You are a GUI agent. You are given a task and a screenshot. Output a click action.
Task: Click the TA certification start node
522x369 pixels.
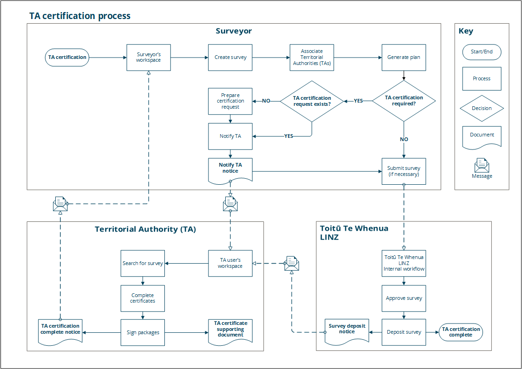coord(67,58)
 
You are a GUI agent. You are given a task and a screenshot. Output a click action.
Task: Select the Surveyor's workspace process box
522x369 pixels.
coord(149,58)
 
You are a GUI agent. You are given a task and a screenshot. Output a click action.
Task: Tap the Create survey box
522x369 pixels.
coord(230,58)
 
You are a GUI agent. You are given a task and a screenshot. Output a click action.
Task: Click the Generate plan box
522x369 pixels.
coord(404,58)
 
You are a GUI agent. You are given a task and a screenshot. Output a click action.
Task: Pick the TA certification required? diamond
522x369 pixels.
coord(404,101)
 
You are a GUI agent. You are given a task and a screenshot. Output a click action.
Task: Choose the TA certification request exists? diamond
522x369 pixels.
coord(312,101)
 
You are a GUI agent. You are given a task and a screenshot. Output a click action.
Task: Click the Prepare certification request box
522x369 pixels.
coord(230,101)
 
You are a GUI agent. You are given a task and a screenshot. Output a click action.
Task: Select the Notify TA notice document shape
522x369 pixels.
coord(230,168)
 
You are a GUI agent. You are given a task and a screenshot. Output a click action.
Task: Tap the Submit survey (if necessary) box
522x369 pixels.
coord(404,171)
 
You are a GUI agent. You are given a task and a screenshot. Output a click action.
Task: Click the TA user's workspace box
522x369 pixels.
coord(230,263)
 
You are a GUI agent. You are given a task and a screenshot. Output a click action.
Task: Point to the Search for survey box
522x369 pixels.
coord(143,263)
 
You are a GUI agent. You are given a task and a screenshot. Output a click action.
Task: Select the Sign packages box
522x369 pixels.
coord(143,332)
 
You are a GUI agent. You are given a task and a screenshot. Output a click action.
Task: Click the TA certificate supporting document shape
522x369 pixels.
coord(230,330)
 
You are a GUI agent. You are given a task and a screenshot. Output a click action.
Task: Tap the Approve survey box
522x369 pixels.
coord(404,298)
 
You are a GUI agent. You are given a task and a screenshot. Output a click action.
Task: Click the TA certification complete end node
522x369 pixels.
coord(461,332)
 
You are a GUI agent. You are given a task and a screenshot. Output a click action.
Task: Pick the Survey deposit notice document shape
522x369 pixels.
coord(347,330)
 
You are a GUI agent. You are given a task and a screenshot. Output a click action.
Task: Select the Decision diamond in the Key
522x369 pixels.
coord(482,108)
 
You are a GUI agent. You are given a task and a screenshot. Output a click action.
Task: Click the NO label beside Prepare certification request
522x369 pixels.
coord(266,101)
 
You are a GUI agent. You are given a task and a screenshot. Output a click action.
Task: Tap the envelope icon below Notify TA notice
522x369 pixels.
coord(230,203)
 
